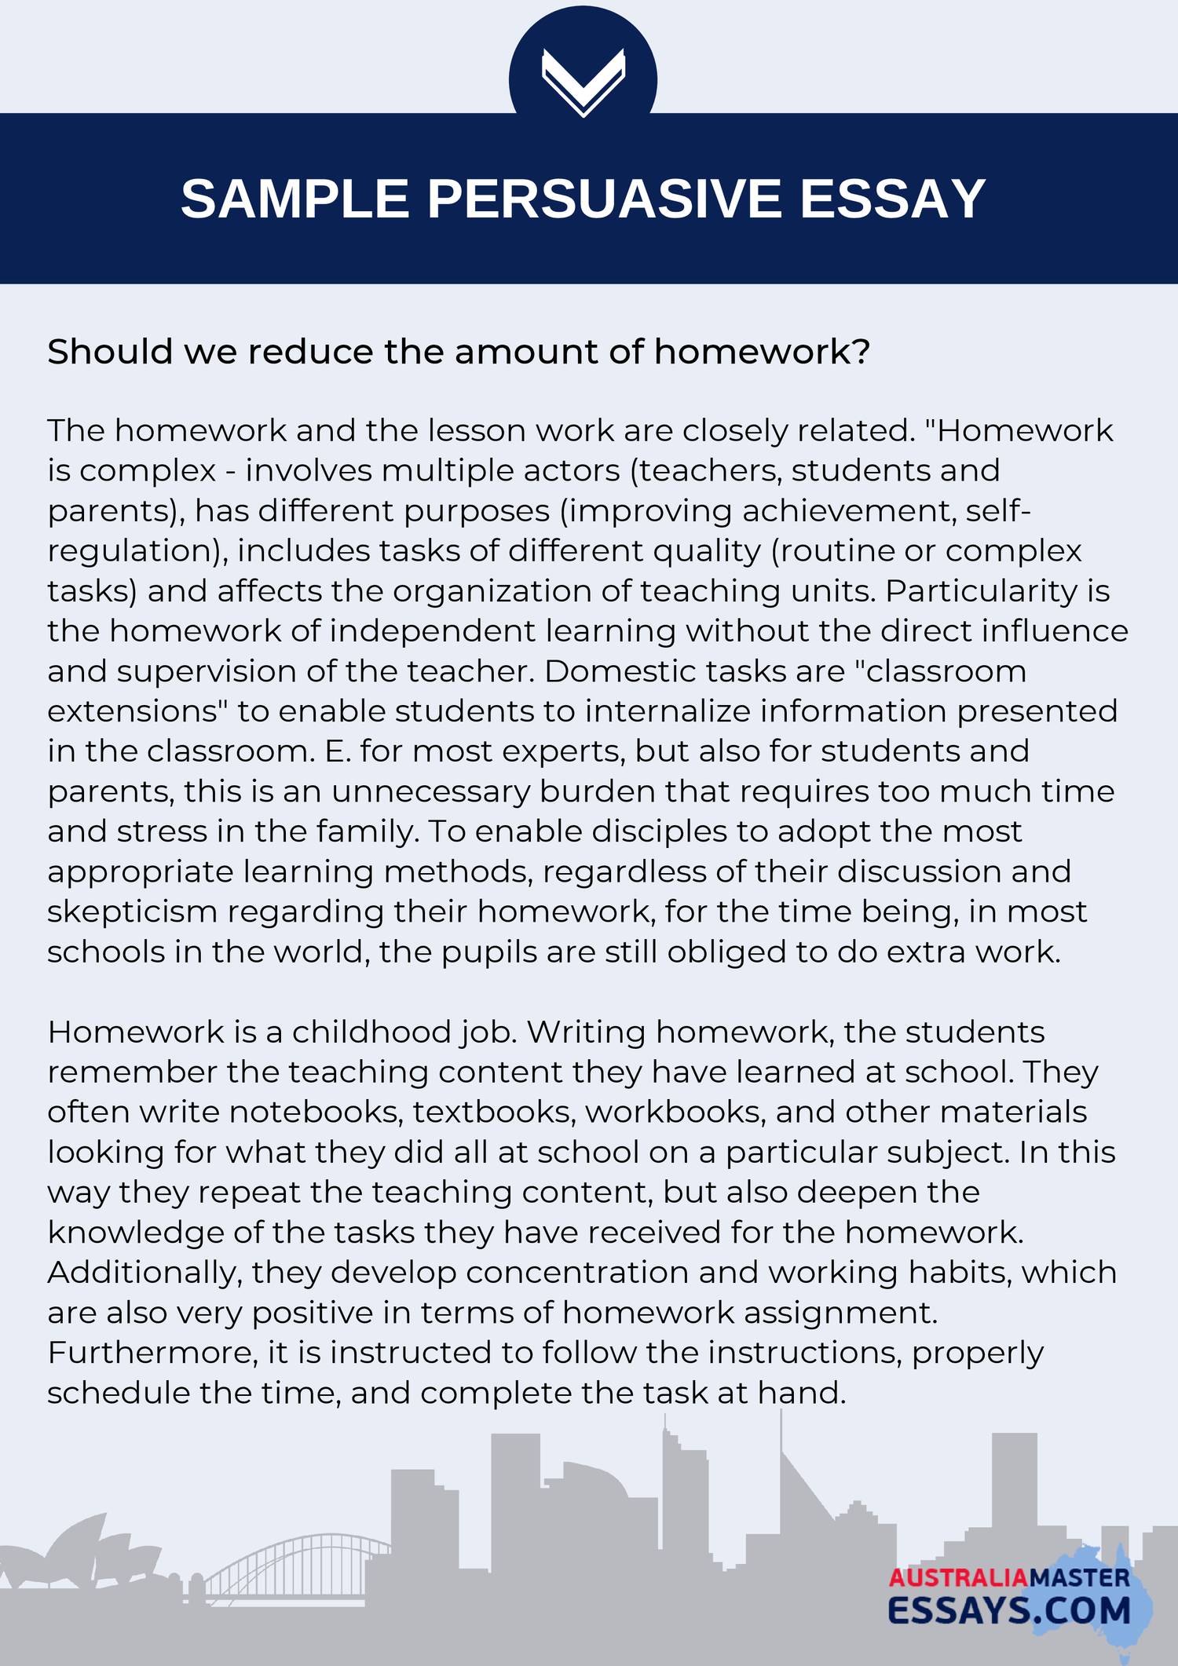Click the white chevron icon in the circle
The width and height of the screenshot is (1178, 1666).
[583, 82]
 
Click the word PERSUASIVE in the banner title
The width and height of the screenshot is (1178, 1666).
[604, 198]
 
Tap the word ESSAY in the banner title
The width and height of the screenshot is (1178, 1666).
[892, 198]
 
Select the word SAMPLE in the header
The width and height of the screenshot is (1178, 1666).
[295, 198]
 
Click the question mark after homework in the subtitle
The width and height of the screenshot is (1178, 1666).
[862, 352]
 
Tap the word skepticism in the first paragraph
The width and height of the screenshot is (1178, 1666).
[132, 912]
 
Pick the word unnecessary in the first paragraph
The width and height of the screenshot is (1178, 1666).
[431, 791]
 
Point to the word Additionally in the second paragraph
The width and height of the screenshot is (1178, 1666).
[145, 1272]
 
